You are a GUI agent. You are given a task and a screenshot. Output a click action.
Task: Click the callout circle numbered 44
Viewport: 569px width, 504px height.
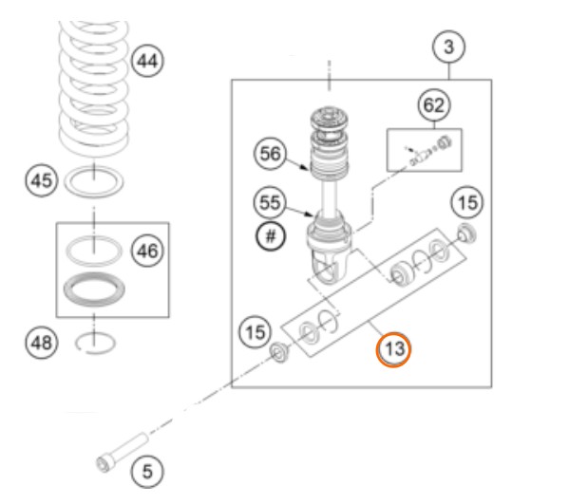point(147,61)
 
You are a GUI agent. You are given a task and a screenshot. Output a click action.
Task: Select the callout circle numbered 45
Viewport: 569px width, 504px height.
point(42,180)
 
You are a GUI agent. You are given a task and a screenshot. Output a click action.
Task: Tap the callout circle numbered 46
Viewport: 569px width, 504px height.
point(147,251)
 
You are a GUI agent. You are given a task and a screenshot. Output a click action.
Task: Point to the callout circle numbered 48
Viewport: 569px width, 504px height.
point(42,343)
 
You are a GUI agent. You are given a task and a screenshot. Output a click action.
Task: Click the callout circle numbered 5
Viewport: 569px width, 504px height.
point(147,472)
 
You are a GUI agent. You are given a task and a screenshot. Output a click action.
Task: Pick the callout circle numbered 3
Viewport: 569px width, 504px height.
point(449,47)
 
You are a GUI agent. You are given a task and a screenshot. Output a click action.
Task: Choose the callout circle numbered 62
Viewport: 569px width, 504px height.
point(434,105)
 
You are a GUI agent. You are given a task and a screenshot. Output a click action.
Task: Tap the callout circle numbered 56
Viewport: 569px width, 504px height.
point(271,154)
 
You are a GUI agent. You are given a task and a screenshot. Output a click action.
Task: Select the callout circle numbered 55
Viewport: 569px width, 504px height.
point(271,202)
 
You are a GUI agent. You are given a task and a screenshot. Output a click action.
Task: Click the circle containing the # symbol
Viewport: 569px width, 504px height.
point(271,236)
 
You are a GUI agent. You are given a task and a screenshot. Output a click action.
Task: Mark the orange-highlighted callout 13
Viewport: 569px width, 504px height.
point(393,349)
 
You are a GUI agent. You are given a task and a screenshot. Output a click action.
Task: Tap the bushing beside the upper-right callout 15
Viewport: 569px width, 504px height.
point(466,234)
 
